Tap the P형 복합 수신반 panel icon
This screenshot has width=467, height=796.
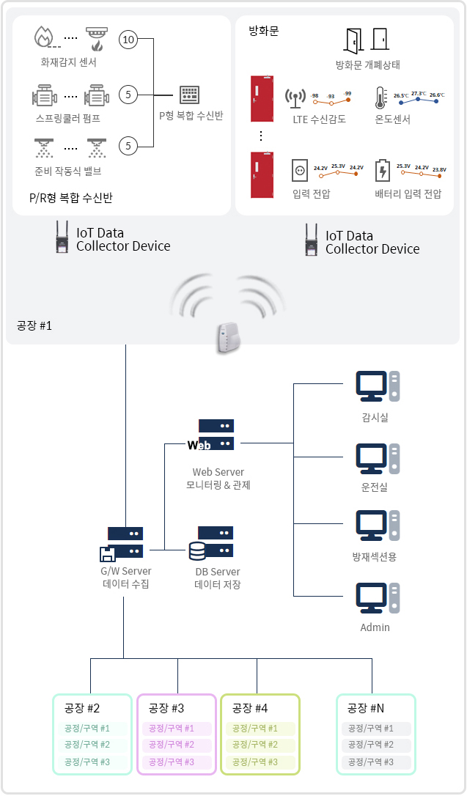(x=190, y=95)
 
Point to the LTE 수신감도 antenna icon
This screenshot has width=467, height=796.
(x=295, y=99)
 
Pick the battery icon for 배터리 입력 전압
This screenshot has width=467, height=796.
(x=382, y=171)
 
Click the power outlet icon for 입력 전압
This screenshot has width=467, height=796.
(x=299, y=171)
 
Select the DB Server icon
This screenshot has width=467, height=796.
(x=211, y=542)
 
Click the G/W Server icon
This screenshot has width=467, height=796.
(x=122, y=543)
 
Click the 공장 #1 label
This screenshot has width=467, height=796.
(x=34, y=325)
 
